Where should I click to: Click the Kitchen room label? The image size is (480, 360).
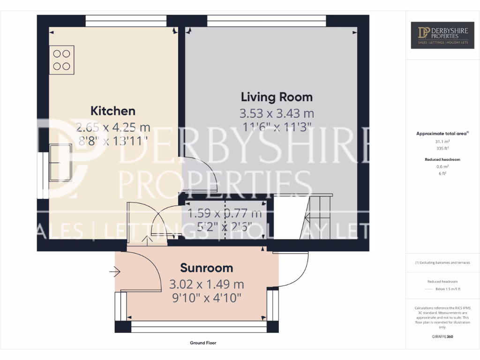(x=112, y=111)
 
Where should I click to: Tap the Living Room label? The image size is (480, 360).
(x=277, y=97)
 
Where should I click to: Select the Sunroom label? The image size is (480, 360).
(x=207, y=268)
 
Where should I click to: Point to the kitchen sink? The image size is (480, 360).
(x=60, y=163)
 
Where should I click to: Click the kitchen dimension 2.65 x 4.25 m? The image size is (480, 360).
(x=112, y=127)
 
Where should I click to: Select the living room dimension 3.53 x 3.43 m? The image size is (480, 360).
(x=277, y=113)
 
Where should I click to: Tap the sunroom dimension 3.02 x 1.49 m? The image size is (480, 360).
(x=207, y=284)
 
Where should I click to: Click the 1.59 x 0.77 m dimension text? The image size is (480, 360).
(x=225, y=214)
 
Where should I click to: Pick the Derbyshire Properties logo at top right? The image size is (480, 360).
(x=443, y=35)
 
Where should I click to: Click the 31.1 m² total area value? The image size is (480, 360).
(x=443, y=141)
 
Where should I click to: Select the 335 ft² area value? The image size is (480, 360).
(x=443, y=148)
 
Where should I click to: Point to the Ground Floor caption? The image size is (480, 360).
(x=203, y=343)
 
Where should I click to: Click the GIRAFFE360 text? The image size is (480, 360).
(x=443, y=337)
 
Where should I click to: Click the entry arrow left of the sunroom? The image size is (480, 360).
(x=115, y=271)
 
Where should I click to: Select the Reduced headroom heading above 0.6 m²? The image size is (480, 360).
(x=443, y=159)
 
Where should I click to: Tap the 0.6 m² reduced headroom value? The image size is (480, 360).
(x=443, y=166)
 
